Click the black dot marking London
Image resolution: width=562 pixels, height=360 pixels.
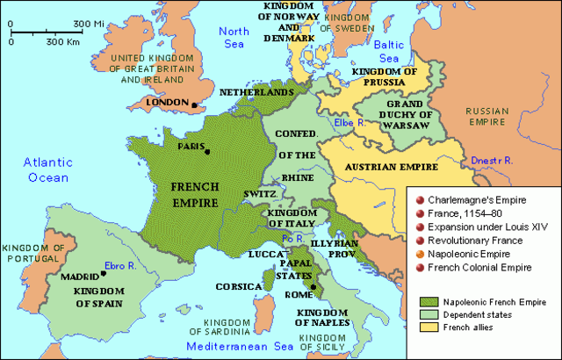click(x=193, y=104)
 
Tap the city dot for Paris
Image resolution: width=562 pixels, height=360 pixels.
click(x=208, y=151)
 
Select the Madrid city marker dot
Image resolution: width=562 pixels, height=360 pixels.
click(x=104, y=273)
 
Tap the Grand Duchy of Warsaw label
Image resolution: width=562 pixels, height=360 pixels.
click(x=404, y=119)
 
